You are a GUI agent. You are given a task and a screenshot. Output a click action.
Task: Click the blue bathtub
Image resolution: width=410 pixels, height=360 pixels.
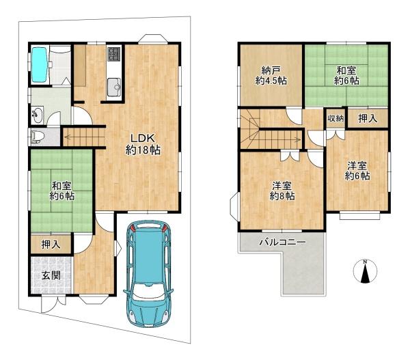pos(40,64)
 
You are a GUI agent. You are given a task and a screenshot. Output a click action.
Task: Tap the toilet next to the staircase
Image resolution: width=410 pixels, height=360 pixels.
pos(36,137)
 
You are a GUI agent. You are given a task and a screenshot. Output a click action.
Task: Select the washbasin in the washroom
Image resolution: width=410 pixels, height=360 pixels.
pos(38,115)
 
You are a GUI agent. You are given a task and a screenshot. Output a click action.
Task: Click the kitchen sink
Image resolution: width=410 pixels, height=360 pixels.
pos(114,87)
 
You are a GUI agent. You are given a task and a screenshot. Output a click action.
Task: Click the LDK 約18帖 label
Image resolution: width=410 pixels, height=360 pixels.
pos(143,144)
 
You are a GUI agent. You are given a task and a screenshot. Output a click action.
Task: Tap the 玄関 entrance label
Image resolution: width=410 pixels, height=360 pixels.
pos(51,275)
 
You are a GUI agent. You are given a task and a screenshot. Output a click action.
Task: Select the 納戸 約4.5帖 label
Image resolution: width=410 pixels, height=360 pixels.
pos(271,76)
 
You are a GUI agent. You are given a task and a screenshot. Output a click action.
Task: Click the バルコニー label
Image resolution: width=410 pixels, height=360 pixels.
pos(282,243)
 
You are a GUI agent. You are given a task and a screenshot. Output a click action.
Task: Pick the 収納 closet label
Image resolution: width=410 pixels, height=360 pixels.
pos(336,118)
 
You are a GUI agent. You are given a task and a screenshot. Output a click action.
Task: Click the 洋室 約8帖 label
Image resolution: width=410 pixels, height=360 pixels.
pos(282,191)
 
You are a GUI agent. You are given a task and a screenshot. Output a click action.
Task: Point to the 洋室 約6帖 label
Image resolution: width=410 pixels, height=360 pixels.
pos(357,171)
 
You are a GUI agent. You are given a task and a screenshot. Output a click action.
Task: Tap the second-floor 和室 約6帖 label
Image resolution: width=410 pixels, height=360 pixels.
pos(346,76)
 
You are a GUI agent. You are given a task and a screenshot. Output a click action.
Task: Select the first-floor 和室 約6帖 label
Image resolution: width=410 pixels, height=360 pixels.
pos(62,191)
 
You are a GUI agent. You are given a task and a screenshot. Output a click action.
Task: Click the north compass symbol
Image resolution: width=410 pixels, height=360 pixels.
pos(366,272)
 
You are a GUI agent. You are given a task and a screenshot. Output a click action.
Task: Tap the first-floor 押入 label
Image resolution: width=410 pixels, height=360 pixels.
pos(51,245)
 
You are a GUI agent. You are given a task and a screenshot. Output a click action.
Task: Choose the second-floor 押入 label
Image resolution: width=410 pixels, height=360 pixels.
pos(368,119)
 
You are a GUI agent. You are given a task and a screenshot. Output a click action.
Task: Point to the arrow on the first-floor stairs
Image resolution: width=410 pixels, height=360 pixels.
pos(83,137)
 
